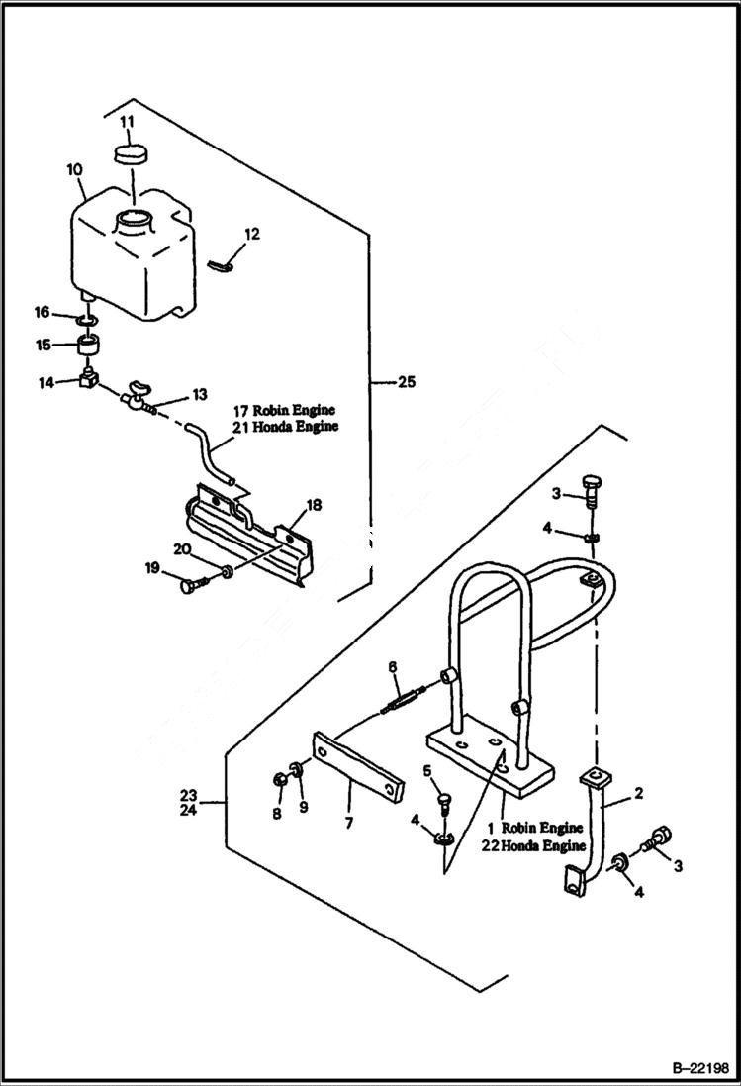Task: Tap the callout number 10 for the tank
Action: pyautogui.click(x=74, y=169)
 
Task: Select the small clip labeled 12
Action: pyautogui.click(x=226, y=263)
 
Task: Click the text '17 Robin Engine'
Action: pyautogui.click(x=285, y=410)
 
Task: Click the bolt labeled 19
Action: pyautogui.click(x=192, y=585)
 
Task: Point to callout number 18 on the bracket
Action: pyautogui.click(x=314, y=505)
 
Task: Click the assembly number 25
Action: pyautogui.click(x=407, y=380)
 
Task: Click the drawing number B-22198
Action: pyautogui.click(x=695, y=1068)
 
